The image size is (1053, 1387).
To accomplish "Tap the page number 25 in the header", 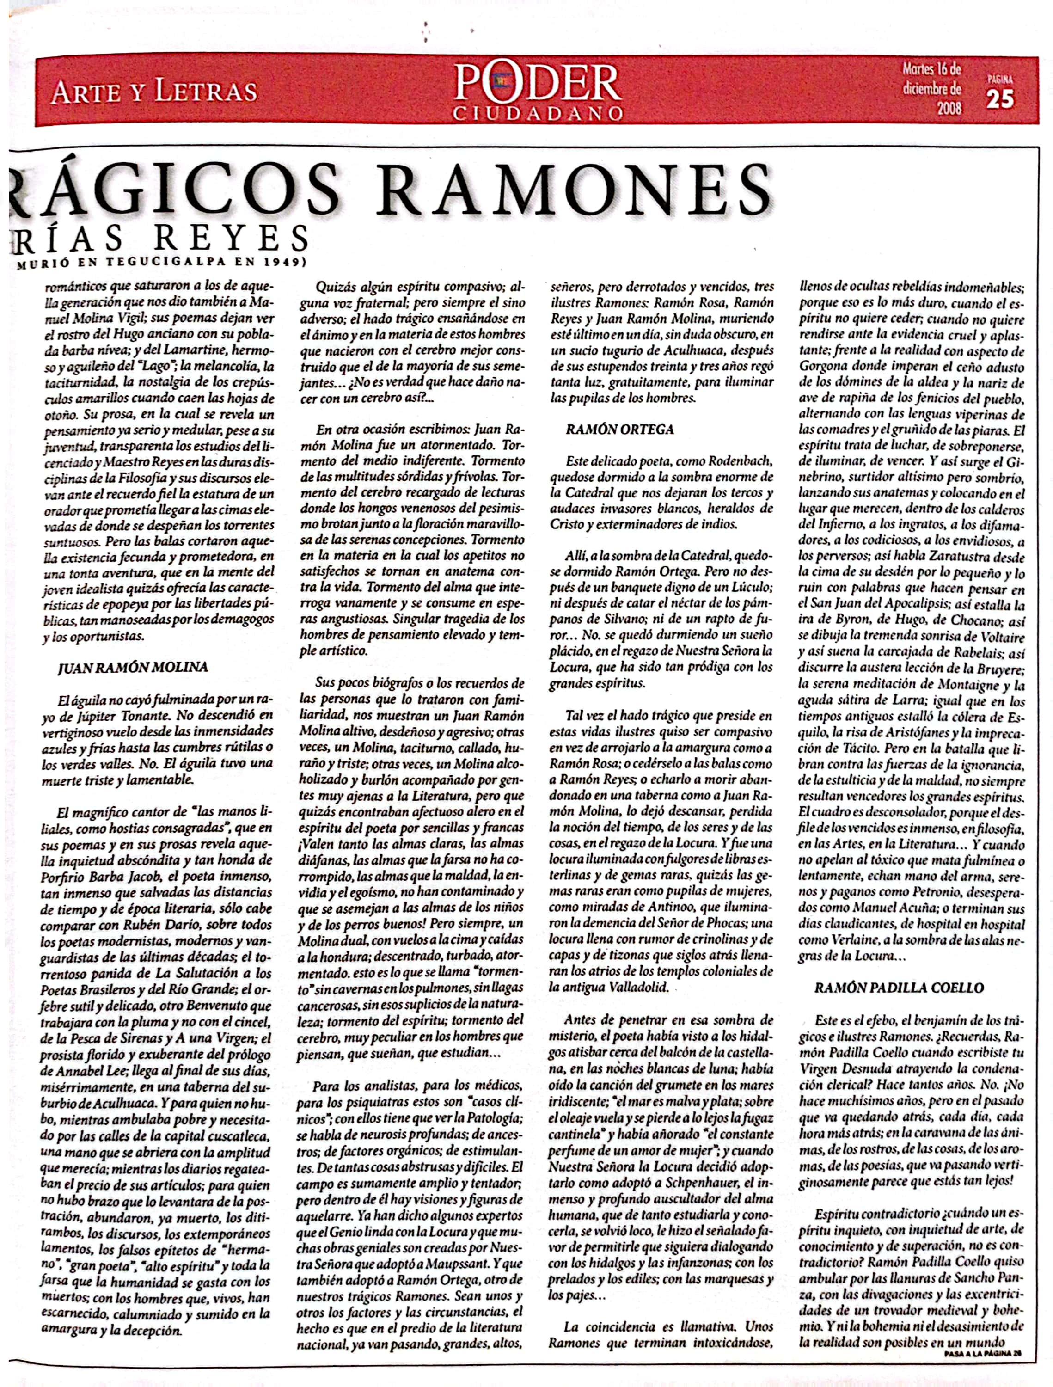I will coord(1000,99).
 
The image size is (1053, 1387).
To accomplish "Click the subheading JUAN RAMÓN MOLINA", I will coord(132,667).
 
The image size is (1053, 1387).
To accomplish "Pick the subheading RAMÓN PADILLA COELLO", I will coord(898,988).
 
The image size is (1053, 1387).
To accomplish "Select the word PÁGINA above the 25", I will coord(1000,80).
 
